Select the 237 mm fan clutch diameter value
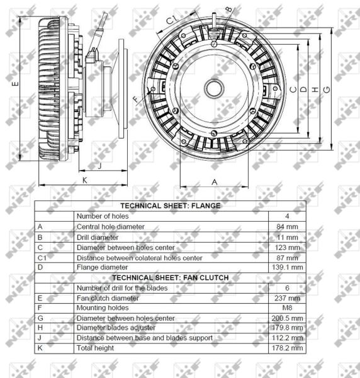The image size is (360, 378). pyautogui.click(x=286, y=297)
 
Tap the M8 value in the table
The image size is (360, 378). pyautogui.click(x=286, y=307)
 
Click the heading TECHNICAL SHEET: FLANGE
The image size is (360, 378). pyautogui.click(x=169, y=206)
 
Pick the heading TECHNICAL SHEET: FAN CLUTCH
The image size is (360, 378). pyautogui.click(x=169, y=277)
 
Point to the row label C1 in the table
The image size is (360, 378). pyautogui.click(x=43, y=257)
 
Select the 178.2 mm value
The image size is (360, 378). pyautogui.click(x=286, y=348)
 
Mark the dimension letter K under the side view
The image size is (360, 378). pyautogui.click(x=84, y=180)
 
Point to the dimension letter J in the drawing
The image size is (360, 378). pyautogui.click(x=100, y=166)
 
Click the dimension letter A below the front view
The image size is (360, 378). pyautogui.click(x=214, y=181)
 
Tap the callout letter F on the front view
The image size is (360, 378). pyautogui.click(x=135, y=100)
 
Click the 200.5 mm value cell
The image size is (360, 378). pyautogui.click(x=286, y=318)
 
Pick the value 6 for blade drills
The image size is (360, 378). pyautogui.click(x=286, y=287)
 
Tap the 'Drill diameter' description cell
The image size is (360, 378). pyautogui.click(x=98, y=237)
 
